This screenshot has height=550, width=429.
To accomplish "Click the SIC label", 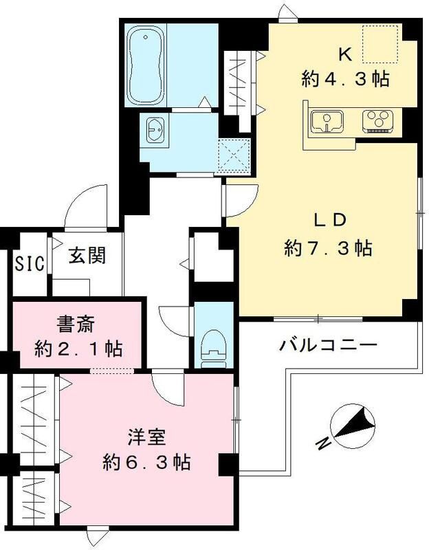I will click(x=30, y=262).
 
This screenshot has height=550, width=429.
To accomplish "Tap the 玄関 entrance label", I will click(x=87, y=256).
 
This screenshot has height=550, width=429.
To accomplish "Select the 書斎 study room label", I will click(x=77, y=322).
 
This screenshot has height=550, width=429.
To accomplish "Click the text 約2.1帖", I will click(x=78, y=349).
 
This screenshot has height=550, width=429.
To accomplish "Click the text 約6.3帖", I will click(x=146, y=461).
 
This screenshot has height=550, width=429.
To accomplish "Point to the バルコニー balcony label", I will click(x=329, y=344).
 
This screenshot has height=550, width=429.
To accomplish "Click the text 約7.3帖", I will click(x=329, y=248).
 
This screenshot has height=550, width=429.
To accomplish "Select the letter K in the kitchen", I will click(x=346, y=52).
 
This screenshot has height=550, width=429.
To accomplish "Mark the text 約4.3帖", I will click(x=346, y=78).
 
